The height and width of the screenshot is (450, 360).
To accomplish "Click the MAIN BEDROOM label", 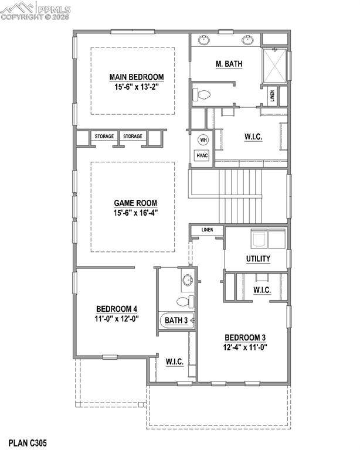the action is coord(137,77).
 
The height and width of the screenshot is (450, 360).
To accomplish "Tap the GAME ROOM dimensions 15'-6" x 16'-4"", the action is coord(136,213).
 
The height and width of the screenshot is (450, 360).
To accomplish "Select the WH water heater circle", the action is coord(203,140).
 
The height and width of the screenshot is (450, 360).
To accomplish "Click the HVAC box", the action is coord(202,155).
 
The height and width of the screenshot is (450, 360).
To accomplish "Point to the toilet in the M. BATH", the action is coord(201,94).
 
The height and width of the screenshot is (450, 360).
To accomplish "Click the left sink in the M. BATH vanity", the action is coord(205,40).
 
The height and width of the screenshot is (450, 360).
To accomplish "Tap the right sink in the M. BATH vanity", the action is coord(247,40).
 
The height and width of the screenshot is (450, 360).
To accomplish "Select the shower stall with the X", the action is coord(275,66).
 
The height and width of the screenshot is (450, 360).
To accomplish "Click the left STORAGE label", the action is coord(104,136).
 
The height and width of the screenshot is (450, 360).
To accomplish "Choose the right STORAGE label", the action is coord(133,136).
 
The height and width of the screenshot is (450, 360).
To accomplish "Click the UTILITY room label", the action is coord(258,258).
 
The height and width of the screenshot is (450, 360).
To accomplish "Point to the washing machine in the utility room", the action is coord(259,238).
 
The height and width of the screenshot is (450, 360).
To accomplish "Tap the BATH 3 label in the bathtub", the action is coord(176,321).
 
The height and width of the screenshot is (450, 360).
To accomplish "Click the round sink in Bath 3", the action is coord(188,280).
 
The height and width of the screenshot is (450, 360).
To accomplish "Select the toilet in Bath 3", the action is coord(185,301).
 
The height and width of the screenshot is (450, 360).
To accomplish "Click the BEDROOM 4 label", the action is coord(117,309).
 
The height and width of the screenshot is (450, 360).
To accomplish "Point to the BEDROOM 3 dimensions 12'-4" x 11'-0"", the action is coord(245,347).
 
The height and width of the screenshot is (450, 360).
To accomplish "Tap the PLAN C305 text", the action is coord(28,443).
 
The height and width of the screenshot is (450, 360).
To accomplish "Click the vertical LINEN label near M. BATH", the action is coord(272,96).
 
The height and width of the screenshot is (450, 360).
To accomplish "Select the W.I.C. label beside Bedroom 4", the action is coord(175,362).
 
